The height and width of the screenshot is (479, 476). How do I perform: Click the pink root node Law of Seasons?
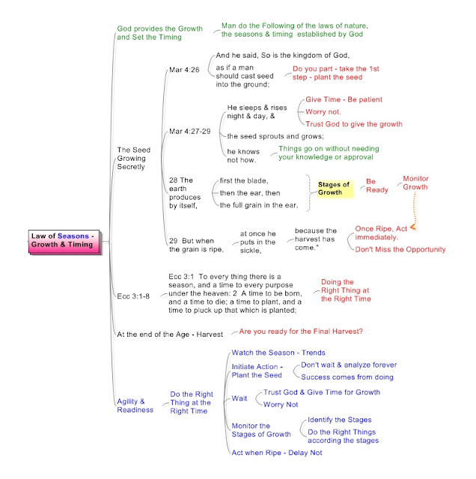64,242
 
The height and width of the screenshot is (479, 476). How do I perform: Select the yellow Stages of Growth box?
335,189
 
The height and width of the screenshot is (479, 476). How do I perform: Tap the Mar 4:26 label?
184,70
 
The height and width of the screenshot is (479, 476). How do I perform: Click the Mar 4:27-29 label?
190,132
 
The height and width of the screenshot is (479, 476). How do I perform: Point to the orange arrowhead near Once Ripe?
413,227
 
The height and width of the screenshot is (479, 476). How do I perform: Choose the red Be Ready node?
377,186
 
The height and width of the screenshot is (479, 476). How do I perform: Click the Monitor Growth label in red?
415,183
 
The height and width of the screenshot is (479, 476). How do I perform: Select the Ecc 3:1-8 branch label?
133,296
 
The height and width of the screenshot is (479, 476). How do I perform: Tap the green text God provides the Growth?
159,33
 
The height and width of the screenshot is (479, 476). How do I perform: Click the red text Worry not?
323,112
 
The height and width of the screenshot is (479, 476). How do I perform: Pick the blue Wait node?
239,398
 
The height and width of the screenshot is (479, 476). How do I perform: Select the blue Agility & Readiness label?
135,406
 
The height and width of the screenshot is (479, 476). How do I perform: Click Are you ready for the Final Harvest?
301,332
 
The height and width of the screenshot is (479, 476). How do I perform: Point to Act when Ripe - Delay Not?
276,453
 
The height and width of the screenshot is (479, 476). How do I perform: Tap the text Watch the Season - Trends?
278,353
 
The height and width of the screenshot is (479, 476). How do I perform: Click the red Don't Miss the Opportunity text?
400,249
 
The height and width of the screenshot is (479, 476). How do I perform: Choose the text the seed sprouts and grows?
275,136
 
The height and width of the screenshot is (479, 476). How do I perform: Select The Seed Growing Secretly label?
134,158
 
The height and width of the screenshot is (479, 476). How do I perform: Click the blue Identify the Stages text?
340,420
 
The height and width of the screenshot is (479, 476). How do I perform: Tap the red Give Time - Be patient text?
344,100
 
